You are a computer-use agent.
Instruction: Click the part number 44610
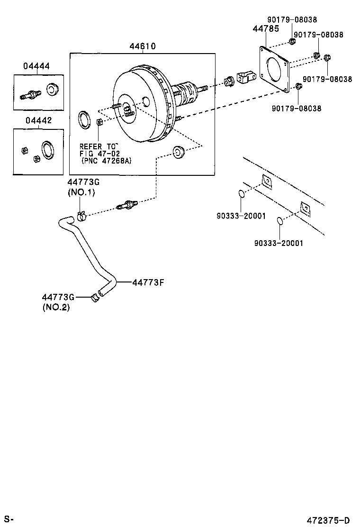(x=143, y=46)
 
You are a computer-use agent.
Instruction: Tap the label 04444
(x=36, y=67)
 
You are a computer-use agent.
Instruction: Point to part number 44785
(x=264, y=29)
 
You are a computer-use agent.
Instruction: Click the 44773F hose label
(x=148, y=282)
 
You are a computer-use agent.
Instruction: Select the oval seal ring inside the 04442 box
(x=47, y=149)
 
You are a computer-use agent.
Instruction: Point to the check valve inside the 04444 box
(x=29, y=94)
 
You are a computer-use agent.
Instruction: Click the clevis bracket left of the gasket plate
(x=247, y=78)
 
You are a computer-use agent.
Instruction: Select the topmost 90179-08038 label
(x=292, y=20)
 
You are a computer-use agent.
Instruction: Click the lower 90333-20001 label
(x=279, y=243)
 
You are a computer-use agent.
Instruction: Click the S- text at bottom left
(x=9, y=520)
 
